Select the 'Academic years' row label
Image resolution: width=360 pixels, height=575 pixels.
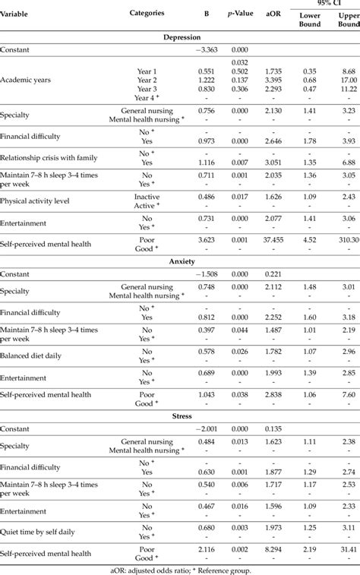tap(29, 80)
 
